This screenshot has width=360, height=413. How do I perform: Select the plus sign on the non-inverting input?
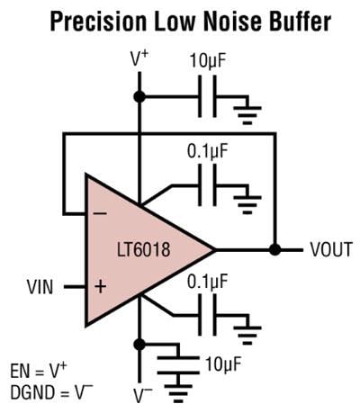pyautogui.click(x=99, y=288)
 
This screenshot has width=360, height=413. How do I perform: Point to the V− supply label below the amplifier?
pyautogui.click(x=139, y=394)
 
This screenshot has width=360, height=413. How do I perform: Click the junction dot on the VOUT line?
pyautogui.click(x=275, y=249)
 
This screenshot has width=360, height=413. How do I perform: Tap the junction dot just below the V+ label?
pyautogui.click(x=139, y=96)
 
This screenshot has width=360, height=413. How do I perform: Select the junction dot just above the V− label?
pyautogui.click(x=139, y=344)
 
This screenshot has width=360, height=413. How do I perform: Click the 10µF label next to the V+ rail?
pyautogui.click(x=209, y=62)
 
